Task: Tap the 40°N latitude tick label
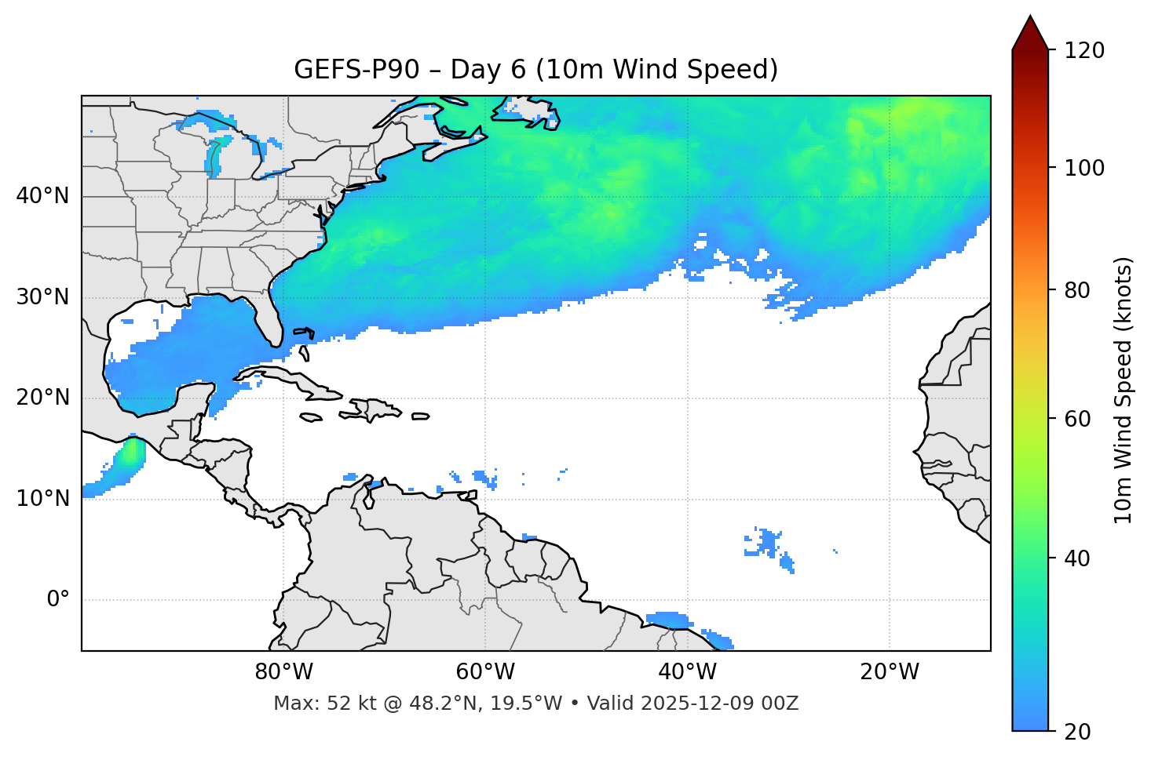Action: tap(42, 196)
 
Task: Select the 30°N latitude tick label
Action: tap(42, 297)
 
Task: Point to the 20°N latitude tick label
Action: tap(42, 398)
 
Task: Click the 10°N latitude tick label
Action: tap(42, 499)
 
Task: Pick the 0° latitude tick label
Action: tap(57, 600)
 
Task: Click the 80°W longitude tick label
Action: tap(283, 672)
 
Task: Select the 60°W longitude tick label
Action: tap(485, 672)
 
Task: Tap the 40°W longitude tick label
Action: tap(687, 672)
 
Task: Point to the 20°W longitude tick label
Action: tap(889, 672)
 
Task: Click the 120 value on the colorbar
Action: tap(1083, 51)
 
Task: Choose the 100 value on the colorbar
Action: tap(1083, 168)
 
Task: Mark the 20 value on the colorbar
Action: tap(1076, 732)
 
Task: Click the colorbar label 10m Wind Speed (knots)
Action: tap(1124, 390)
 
